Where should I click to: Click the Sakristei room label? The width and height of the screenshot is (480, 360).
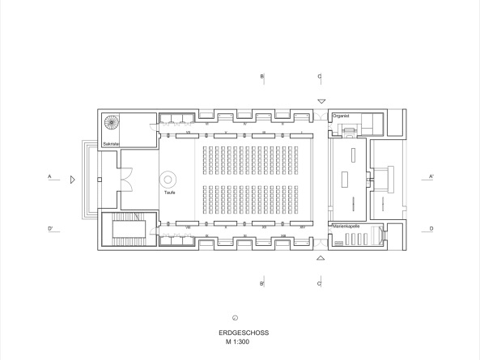(110, 144)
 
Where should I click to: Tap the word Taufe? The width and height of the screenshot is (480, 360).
(170, 193)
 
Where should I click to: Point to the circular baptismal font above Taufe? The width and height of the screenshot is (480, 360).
(170, 179)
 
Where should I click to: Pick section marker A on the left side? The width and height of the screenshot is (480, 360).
(49, 176)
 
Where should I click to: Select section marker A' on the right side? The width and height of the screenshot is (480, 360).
(431, 176)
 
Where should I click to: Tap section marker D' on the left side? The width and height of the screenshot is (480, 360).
(50, 230)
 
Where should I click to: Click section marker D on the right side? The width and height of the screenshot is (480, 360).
(431, 230)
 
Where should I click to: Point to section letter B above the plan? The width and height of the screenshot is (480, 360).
(261, 77)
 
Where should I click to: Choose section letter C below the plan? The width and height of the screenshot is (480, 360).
(320, 284)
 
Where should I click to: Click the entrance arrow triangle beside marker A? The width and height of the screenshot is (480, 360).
(73, 179)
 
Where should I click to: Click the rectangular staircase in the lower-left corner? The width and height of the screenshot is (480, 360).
(127, 230)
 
